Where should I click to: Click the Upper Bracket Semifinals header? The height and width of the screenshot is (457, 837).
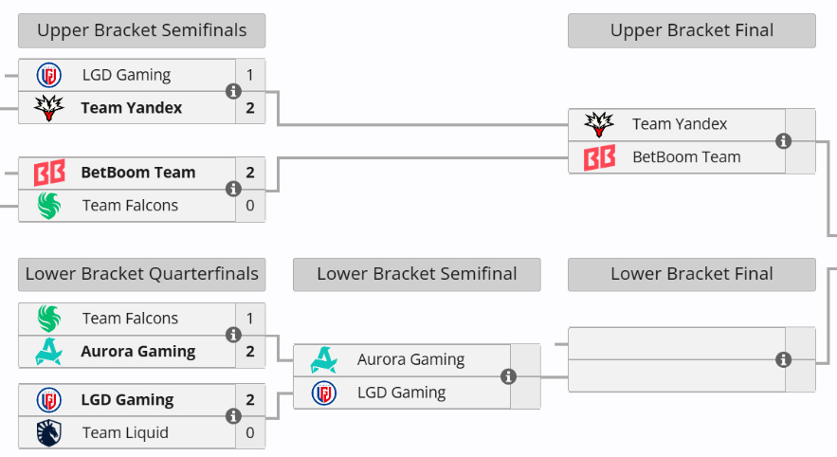[141, 30]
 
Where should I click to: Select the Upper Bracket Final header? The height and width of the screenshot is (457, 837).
[692, 30]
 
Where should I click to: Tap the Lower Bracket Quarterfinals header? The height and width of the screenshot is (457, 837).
[141, 274]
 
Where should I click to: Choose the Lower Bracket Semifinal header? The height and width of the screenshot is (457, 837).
[417, 274]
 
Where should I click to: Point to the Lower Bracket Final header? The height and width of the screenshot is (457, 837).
[692, 274]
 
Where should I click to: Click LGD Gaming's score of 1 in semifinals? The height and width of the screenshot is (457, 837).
[250, 75]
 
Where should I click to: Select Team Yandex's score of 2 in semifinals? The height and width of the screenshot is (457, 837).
[250, 108]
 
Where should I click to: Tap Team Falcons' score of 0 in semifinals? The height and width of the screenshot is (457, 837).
[250, 206]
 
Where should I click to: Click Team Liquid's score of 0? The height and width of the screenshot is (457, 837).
[250, 432]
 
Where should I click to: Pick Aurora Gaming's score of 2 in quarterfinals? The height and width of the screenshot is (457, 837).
[250, 352]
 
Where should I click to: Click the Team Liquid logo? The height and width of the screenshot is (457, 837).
[48, 433]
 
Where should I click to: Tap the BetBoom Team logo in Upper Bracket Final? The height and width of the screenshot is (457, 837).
[599, 157]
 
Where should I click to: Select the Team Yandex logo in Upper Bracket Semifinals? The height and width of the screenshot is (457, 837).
[48, 108]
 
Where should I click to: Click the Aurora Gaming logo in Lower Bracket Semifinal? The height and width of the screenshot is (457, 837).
[323, 360]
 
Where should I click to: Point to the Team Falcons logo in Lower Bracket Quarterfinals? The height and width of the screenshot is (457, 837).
[48, 319]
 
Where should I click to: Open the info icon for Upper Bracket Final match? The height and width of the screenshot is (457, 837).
[783, 141]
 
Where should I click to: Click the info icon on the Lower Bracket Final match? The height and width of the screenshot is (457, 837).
[783, 360]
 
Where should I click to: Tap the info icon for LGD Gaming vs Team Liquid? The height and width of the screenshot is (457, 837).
[233, 416]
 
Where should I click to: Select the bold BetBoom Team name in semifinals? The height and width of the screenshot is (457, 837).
[138, 173]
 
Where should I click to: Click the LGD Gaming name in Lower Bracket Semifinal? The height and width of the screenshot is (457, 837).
[401, 393]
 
